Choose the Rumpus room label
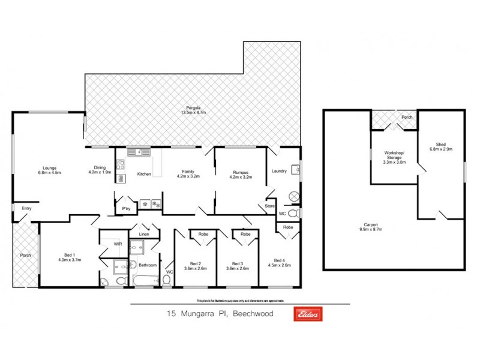pyautogui.click(x=241, y=172)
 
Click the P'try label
pyautogui.click(x=126, y=209)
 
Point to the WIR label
pyautogui.click(x=118, y=244)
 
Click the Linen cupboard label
pyautogui.click(x=143, y=234)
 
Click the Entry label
pyautogui.click(x=26, y=208)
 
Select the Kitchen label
pyautogui.click(x=144, y=174)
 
